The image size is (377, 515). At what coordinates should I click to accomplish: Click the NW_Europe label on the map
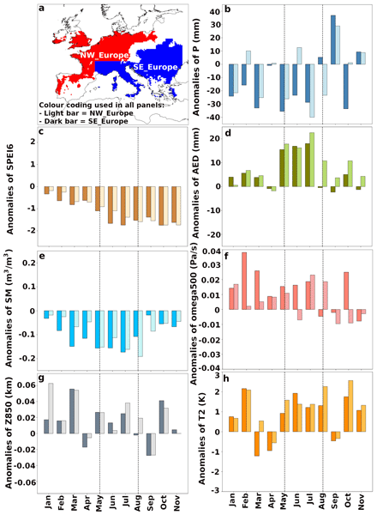[105, 55]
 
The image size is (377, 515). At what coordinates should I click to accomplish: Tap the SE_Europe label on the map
[155, 67]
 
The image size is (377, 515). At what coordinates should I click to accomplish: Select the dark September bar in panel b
[332, 39]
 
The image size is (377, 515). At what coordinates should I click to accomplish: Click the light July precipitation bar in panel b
[312, 91]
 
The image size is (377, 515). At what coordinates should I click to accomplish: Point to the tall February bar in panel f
[244, 281]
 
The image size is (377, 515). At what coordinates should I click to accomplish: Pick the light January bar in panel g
[51, 409]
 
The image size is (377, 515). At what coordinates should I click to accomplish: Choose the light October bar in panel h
[350, 406]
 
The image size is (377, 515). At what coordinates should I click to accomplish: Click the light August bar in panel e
[141, 334]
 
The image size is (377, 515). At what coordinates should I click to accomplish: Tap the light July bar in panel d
[312, 160]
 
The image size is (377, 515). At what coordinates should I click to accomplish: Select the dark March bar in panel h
[257, 444]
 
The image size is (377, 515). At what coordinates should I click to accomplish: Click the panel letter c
[41, 132]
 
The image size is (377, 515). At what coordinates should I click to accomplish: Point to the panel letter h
[226, 379]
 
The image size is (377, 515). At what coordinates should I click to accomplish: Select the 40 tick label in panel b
[215, 12]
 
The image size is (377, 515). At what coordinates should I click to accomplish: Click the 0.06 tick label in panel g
[27, 385]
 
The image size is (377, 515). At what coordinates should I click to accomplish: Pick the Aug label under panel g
[138, 503]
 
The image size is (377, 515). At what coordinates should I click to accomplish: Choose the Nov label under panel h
[361, 501]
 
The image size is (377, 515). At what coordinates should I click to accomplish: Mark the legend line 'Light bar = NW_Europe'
[86, 113]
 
